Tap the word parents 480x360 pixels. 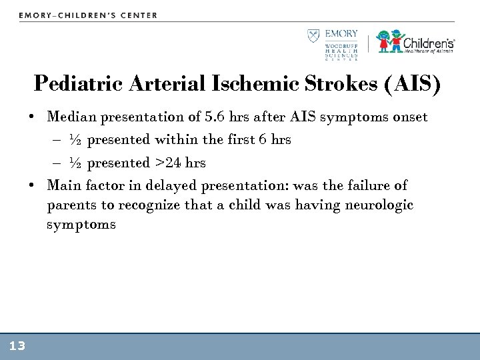click(70, 205)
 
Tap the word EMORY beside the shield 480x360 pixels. click(341, 34)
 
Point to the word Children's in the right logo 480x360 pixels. click(429, 40)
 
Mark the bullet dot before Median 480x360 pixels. click(31, 118)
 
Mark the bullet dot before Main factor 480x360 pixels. click(31, 185)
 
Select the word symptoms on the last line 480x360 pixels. click(81, 225)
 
